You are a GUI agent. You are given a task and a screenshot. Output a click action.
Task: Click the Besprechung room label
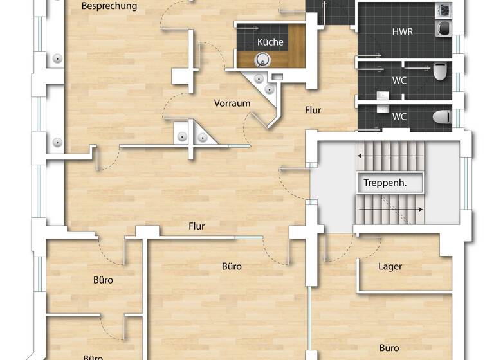[x=109, y=6]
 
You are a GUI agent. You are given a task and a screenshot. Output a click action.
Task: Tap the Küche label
[x=270, y=42]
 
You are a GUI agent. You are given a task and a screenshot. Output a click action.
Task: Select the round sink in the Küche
[x=262, y=60]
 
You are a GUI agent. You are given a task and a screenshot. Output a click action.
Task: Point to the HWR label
[x=403, y=32]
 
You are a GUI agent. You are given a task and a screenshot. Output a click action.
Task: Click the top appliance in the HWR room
[x=444, y=11]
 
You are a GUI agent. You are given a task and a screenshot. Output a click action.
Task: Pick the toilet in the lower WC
[x=442, y=117]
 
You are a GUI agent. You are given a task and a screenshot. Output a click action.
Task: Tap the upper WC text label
[x=399, y=81]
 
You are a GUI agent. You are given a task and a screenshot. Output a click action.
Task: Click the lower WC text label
[x=399, y=117]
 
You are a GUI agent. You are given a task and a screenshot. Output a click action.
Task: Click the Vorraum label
[x=232, y=103]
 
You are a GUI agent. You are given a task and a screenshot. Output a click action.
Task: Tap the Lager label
[x=390, y=266]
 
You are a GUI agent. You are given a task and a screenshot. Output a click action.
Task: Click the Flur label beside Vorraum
[x=313, y=110]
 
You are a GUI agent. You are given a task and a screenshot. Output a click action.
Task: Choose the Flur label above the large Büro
[x=197, y=226]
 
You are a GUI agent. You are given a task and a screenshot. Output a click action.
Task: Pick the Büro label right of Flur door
[x=232, y=265]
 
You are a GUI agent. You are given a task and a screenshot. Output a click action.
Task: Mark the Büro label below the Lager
[x=389, y=348]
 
